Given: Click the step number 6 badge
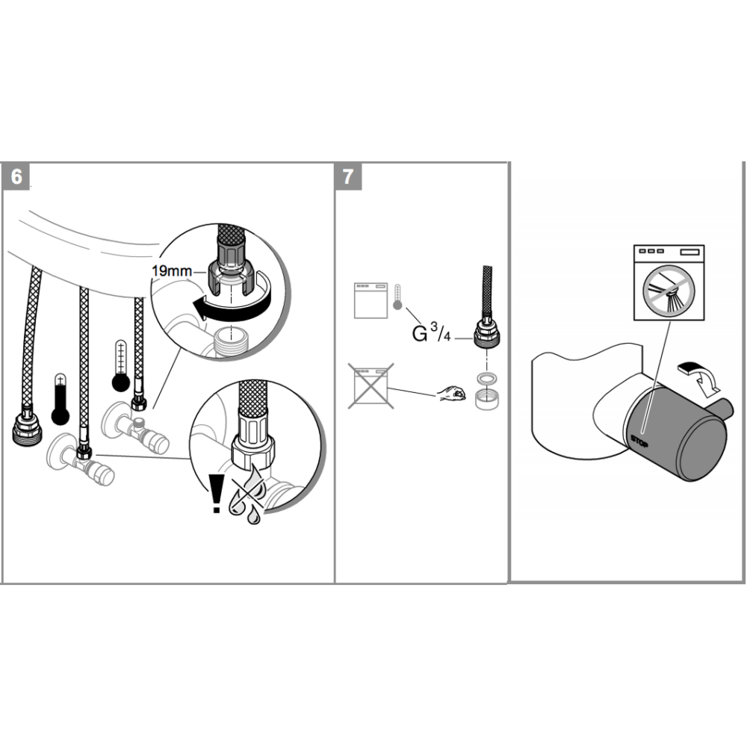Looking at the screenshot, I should click(x=16, y=177).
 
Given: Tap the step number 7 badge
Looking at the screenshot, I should click(x=347, y=177).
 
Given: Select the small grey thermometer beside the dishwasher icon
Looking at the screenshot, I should click(x=397, y=298).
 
